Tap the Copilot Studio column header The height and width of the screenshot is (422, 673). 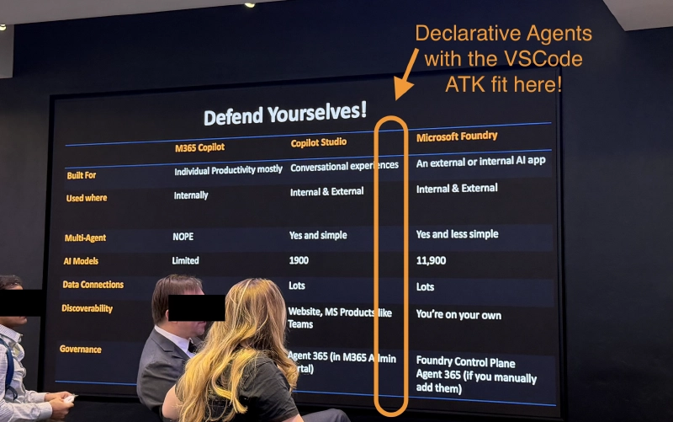point(319,142)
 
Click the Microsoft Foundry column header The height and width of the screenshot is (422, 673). point(457,136)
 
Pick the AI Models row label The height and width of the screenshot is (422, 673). point(81,261)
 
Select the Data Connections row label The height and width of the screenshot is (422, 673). point(93,285)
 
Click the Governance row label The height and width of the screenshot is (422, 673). point(81,348)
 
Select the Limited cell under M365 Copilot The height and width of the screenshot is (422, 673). point(186,260)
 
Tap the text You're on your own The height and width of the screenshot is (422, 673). point(459,314)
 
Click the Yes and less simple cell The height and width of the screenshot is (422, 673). point(457,234)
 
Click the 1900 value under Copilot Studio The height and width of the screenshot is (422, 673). point(299,261)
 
